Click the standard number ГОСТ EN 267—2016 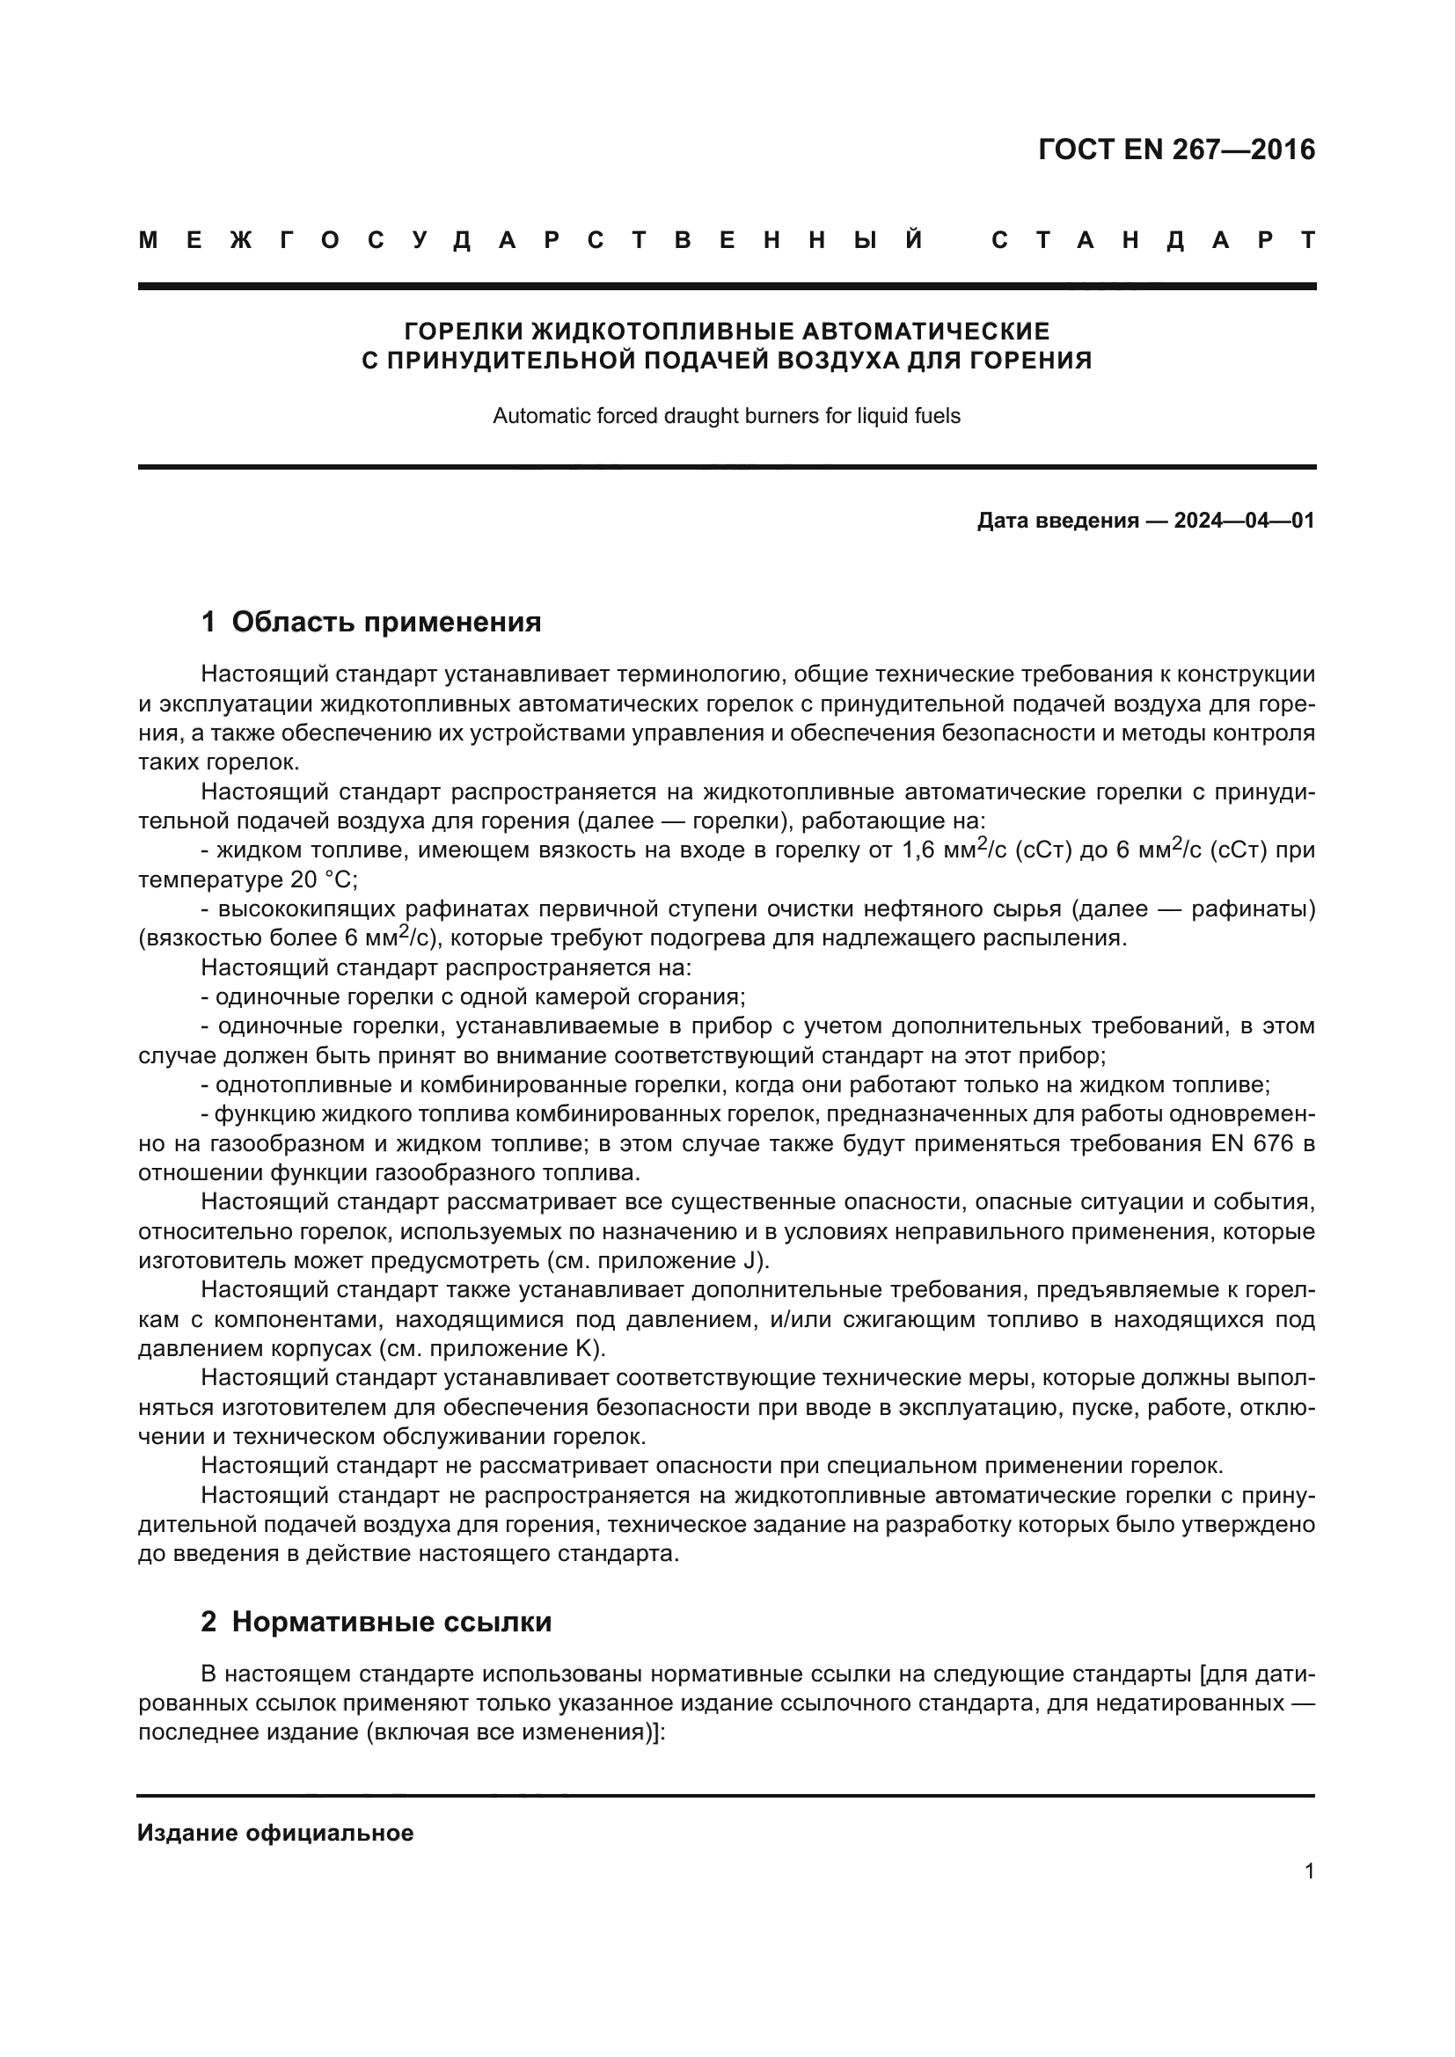[1176, 150]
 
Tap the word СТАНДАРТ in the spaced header [1154, 240]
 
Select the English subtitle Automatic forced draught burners [726, 416]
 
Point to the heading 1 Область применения [371, 622]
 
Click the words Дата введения [1057, 521]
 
